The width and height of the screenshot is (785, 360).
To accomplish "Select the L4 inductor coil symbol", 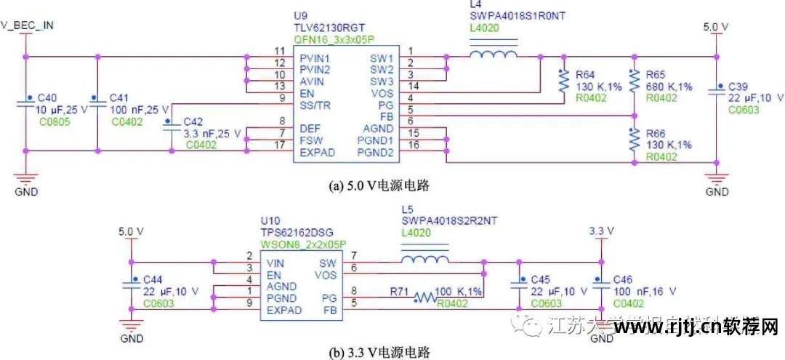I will point(494,55).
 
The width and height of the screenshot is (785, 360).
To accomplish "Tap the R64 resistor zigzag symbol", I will point(563,81).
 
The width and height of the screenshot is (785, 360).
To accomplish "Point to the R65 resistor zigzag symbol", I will point(634,81).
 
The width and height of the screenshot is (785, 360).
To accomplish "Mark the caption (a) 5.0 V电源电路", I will point(379,186).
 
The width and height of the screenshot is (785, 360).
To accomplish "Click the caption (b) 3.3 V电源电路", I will point(379,353).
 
